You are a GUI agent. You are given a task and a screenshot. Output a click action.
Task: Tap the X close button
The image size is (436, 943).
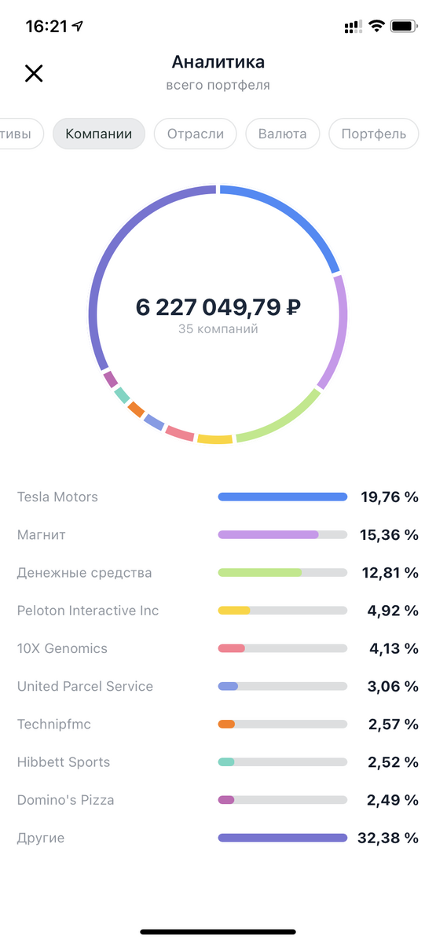(34, 73)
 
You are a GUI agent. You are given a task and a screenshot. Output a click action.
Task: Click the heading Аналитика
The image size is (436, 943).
(218, 62)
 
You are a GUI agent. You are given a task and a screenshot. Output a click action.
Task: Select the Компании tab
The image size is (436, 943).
(99, 134)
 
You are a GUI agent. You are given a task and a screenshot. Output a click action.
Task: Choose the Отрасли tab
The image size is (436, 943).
(195, 134)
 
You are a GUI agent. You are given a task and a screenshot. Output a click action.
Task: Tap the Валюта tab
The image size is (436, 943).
(282, 134)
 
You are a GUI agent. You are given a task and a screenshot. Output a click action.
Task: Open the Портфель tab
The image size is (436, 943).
(374, 134)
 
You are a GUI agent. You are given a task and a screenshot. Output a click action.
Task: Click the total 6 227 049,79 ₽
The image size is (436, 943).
(218, 307)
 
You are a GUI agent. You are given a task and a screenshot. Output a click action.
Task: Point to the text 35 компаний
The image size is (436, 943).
(218, 329)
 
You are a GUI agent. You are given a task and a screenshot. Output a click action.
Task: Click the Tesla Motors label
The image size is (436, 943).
(57, 497)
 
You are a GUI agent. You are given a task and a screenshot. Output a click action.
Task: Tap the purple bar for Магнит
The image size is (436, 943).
(268, 534)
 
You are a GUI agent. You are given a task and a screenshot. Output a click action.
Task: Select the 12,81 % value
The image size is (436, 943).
(389, 573)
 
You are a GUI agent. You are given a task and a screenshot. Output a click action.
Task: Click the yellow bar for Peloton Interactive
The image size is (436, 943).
(234, 611)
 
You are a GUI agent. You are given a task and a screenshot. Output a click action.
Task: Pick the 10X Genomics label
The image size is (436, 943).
(62, 648)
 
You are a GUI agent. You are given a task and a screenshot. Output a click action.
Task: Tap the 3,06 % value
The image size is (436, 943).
(393, 686)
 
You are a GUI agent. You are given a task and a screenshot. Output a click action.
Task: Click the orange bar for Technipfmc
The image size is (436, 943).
(226, 724)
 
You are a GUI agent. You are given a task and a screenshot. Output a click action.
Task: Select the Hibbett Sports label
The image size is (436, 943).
(64, 762)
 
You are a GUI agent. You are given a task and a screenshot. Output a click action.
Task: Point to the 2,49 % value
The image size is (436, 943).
(393, 800)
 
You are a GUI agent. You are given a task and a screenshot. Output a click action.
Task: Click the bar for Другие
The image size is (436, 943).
(282, 838)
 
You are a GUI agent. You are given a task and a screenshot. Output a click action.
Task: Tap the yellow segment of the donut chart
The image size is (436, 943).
(214, 439)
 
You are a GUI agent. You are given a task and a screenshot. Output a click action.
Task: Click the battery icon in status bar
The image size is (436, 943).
(402, 26)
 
